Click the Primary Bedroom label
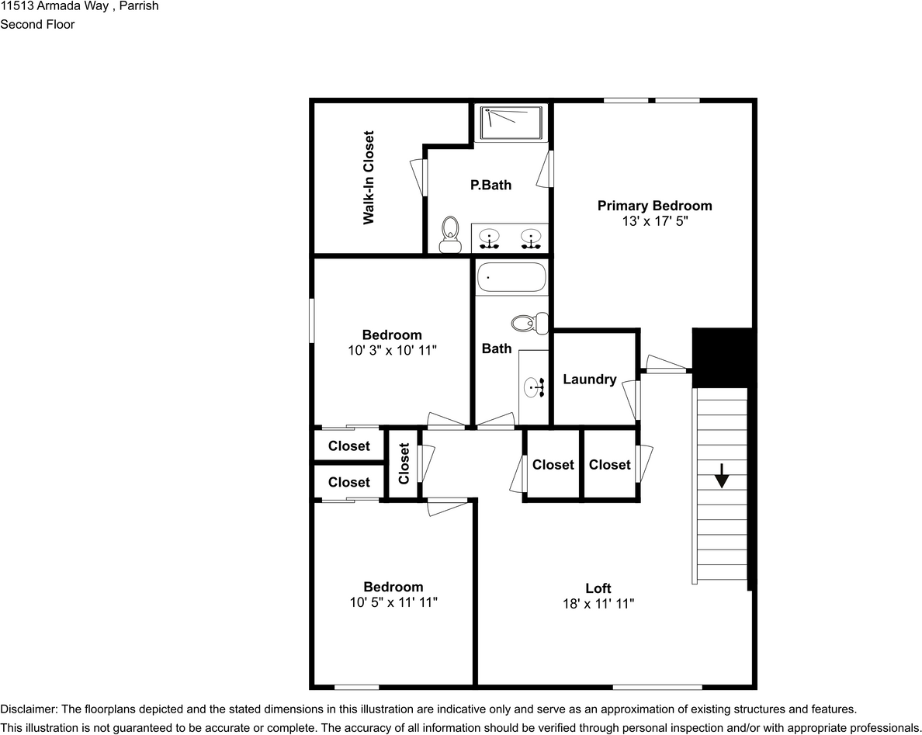(x=654, y=206)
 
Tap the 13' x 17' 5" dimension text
(x=654, y=220)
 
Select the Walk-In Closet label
(x=369, y=178)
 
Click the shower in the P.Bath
(x=511, y=122)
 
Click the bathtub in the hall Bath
(x=511, y=277)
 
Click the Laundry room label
(x=590, y=380)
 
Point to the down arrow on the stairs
(x=722, y=475)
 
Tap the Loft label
(x=598, y=588)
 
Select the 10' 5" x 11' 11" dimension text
(x=393, y=602)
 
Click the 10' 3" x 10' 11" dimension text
(x=393, y=350)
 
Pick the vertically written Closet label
(x=404, y=463)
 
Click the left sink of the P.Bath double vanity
(x=489, y=237)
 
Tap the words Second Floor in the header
(x=37, y=24)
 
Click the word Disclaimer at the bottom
(x=28, y=709)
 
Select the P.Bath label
(x=490, y=185)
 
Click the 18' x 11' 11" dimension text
(x=598, y=603)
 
